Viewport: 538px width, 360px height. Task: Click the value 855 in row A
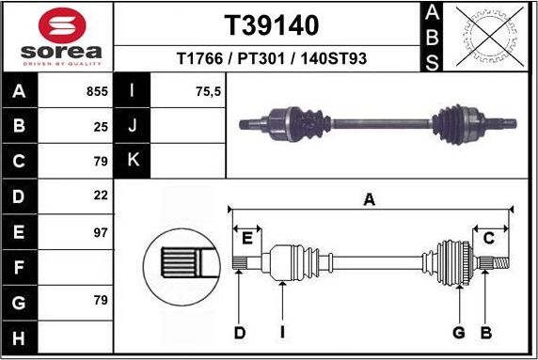click(98, 92)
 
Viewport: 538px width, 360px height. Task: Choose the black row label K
click(133, 160)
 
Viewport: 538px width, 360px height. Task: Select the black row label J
click(133, 126)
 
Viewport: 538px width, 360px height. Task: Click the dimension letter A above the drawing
click(370, 198)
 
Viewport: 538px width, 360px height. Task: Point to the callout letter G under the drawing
click(459, 332)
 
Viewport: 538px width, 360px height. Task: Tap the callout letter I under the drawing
click(281, 332)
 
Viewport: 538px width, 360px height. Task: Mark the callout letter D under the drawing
click(239, 332)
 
